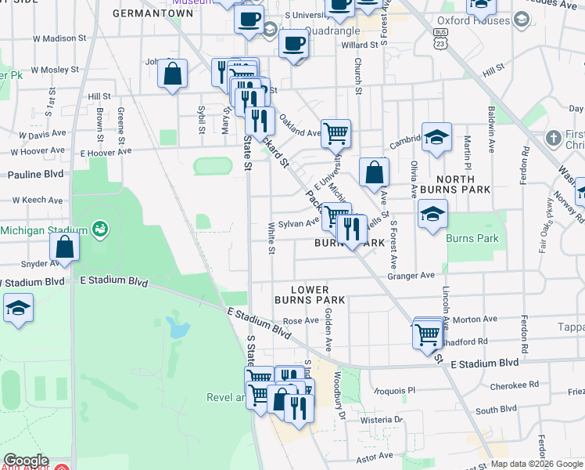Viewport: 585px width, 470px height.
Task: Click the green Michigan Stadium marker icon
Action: tap(99, 230)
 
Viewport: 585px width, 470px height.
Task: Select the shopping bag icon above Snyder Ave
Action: tap(65, 248)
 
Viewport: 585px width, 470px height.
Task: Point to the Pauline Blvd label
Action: tap(35, 174)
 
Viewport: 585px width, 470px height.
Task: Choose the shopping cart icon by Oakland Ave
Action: tap(336, 133)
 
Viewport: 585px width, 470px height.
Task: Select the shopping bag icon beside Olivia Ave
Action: tap(375, 172)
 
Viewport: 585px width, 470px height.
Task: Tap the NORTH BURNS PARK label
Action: tap(455, 183)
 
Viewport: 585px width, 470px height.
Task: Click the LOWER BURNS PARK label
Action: tap(310, 295)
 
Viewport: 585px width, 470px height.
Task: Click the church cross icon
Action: tap(553, 139)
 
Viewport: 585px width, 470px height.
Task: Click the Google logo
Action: tap(26, 461)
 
